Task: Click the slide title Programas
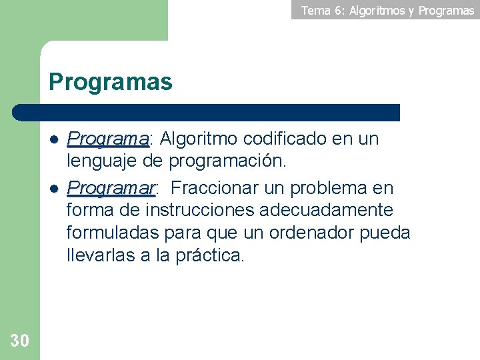pyautogui.click(x=111, y=83)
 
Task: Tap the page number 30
pyautogui.click(x=20, y=341)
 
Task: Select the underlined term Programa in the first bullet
pyautogui.click(x=108, y=139)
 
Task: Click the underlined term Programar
pyautogui.click(x=111, y=188)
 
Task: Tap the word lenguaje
pyautogui.click(x=99, y=161)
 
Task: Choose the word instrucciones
pyautogui.click(x=199, y=211)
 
